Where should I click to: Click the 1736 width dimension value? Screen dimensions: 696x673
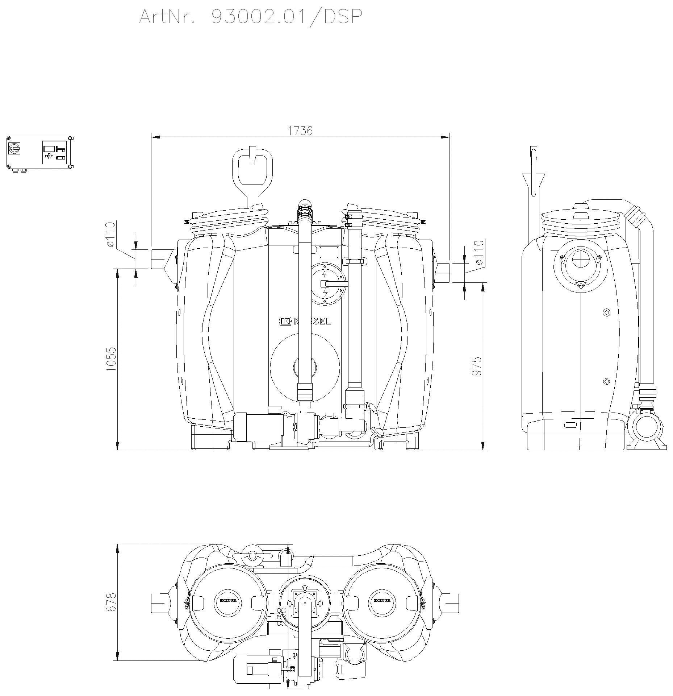click(300, 130)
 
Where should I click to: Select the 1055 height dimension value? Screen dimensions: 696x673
click(111, 359)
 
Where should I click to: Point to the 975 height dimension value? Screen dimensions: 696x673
click(477, 366)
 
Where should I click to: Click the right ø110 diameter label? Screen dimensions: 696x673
click(479, 252)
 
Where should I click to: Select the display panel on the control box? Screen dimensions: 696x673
click(49, 148)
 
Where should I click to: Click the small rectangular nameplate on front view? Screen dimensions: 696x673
click(329, 252)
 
